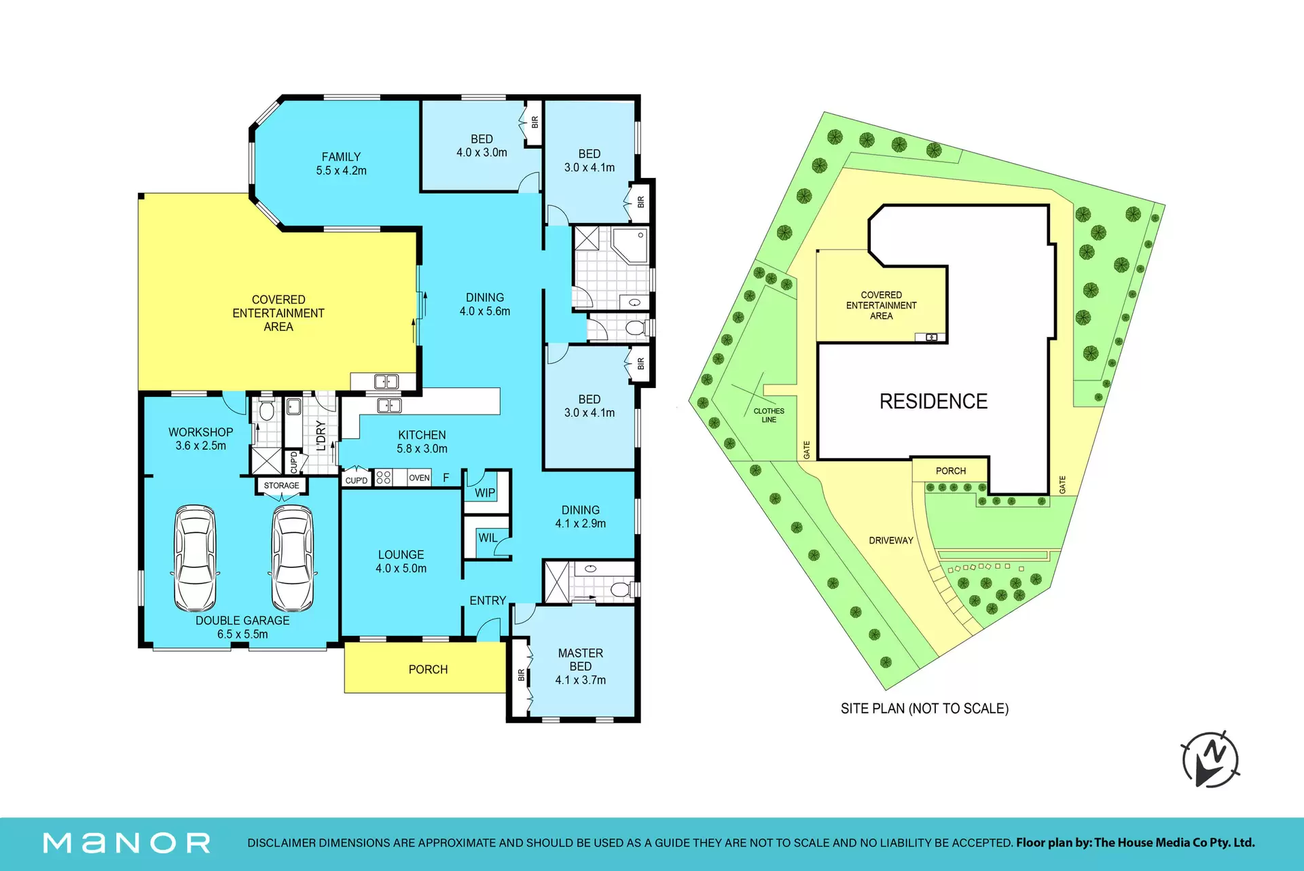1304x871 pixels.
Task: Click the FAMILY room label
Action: (341, 157)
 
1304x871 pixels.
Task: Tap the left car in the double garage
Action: (195, 558)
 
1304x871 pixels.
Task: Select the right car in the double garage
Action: (293, 558)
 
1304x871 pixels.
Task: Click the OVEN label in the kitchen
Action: (419, 478)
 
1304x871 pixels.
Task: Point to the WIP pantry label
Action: (485, 493)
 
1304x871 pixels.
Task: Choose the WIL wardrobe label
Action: (488, 537)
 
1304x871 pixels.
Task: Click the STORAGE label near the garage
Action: (281, 485)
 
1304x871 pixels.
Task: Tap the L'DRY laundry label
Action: (321, 435)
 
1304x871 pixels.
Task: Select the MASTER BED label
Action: (581, 660)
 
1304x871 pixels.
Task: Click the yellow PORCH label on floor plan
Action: (428, 669)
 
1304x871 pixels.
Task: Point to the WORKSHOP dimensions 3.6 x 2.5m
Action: (201, 446)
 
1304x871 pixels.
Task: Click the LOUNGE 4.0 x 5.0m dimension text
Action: (401, 568)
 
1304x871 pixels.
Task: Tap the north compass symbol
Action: (1210, 759)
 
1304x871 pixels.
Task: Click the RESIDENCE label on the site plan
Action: (933, 402)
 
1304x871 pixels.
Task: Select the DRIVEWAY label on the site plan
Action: (891, 541)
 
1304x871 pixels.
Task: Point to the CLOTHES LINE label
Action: (769, 415)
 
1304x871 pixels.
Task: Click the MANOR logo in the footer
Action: (127, 843)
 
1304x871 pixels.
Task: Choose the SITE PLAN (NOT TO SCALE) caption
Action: (924, 709)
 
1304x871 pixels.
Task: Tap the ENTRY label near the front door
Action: (488, 601)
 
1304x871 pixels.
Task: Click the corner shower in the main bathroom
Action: (630, 245)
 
